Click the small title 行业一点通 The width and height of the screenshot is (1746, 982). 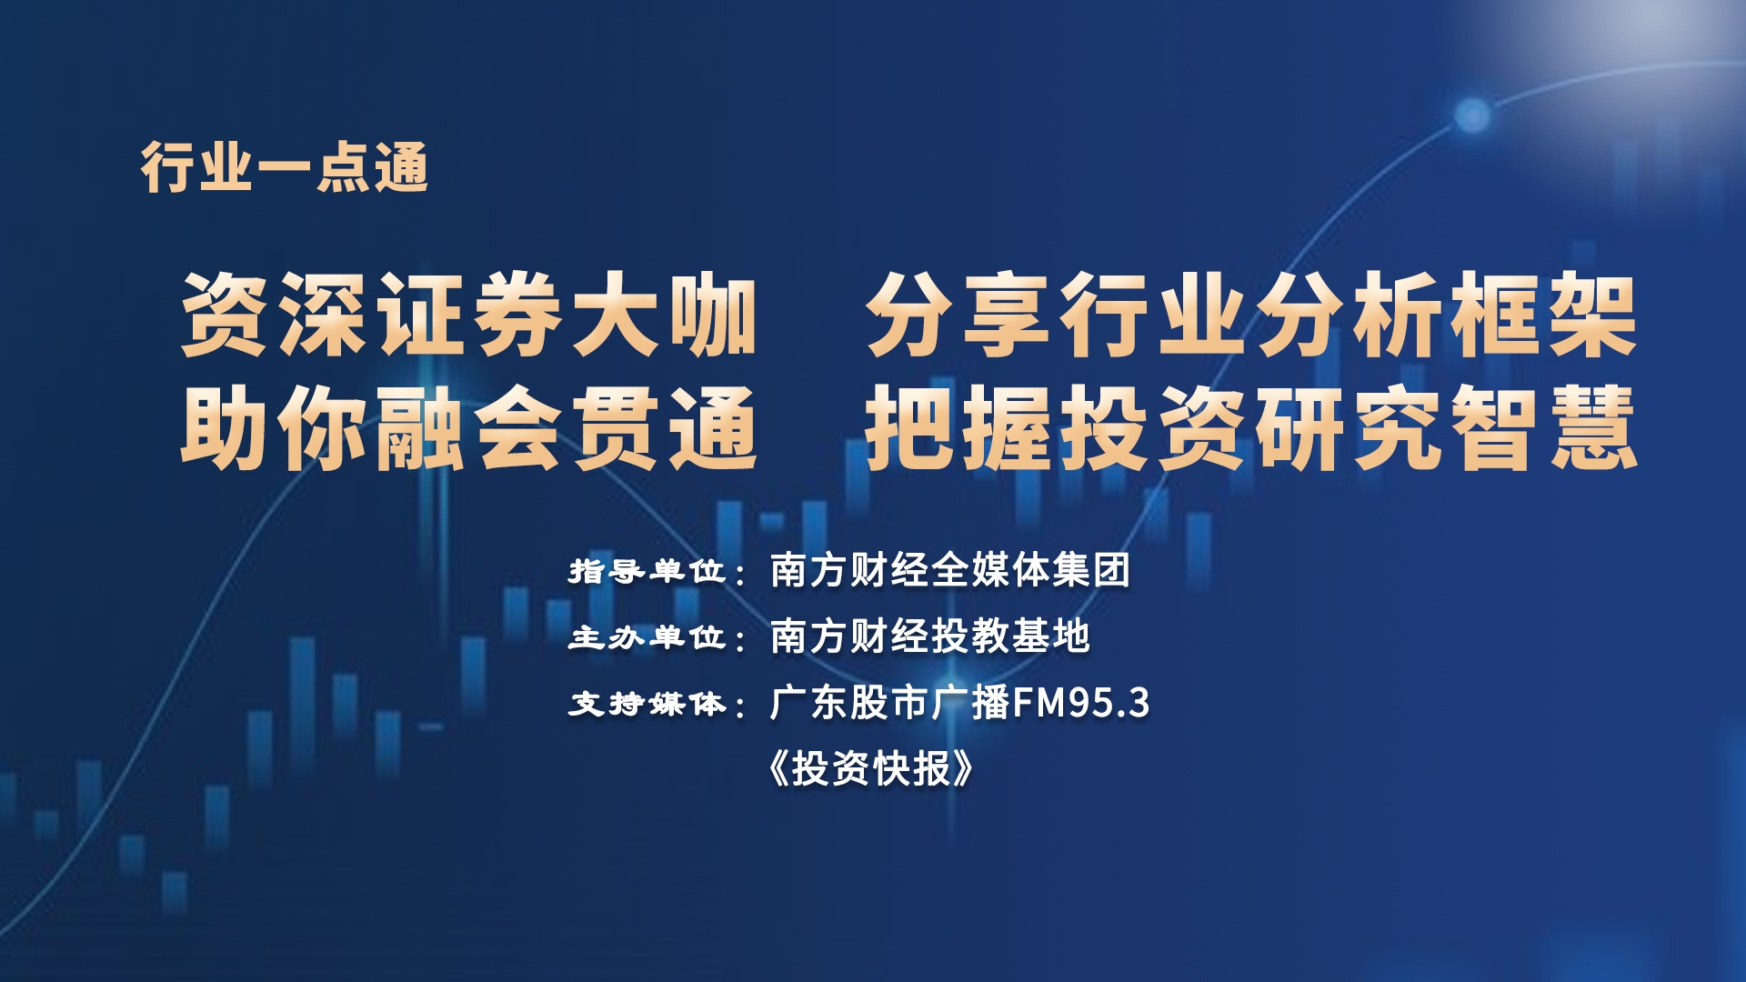[285, 167]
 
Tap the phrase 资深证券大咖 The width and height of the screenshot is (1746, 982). [469, 316]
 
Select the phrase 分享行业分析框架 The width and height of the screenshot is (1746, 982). [1251, 316]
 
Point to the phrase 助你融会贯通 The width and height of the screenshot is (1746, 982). [469, 427]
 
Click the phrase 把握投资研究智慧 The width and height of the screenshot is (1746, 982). [1251, 427]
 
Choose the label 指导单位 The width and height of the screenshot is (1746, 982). [647, 571]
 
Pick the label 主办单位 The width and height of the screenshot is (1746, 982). [647, 636]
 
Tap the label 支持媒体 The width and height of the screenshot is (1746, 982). [647, 703]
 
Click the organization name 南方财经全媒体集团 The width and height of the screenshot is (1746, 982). [950, 570]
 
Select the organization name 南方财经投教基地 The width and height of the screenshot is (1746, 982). [929, 636]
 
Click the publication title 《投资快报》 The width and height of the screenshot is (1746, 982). [870, 768]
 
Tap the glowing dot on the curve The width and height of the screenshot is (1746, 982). [1472, 115]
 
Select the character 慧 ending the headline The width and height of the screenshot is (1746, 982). [1594, 427]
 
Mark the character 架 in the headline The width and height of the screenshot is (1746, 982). [1594, 316]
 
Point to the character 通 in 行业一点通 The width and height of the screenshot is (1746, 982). [401, 167]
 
